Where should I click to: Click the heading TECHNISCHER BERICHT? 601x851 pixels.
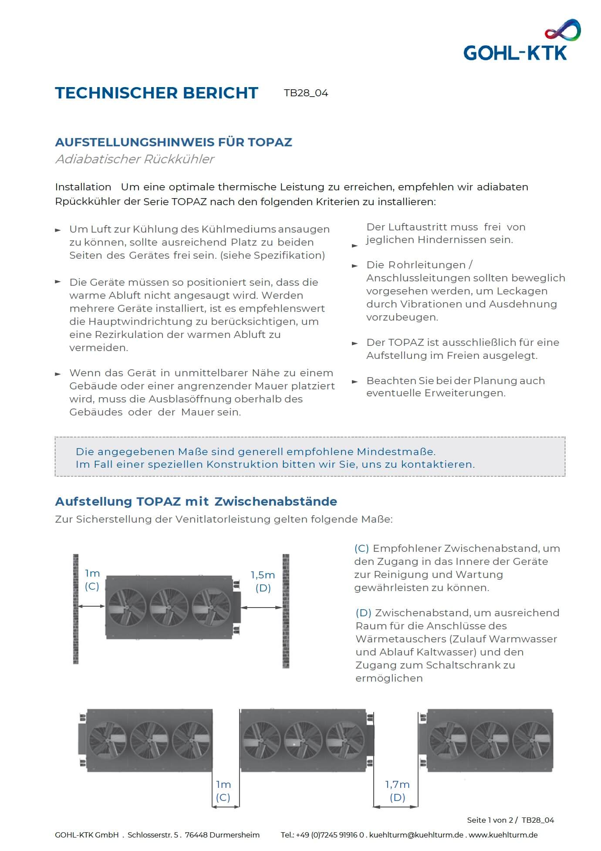[157, 93]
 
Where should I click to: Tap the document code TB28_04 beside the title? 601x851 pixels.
[306, 93]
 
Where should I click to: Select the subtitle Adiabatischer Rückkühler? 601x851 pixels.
[135, 159]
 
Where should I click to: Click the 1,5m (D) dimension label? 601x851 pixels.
[263, 581]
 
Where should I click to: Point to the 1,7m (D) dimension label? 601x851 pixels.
[397, 790]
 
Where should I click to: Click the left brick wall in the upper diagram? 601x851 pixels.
[76, 609]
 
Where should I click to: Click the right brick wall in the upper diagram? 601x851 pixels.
[286, 611]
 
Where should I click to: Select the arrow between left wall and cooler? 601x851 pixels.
[92, 606]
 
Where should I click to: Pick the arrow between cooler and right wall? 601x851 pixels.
[262, 607]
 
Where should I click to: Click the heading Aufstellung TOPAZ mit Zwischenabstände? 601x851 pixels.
[196, 501]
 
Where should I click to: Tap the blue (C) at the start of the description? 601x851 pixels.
[361, 548]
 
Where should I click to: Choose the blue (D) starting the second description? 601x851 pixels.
[363, 613]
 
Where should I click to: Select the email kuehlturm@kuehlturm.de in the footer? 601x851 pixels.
[416, 835]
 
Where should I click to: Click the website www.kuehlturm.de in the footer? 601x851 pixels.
[503, 835]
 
